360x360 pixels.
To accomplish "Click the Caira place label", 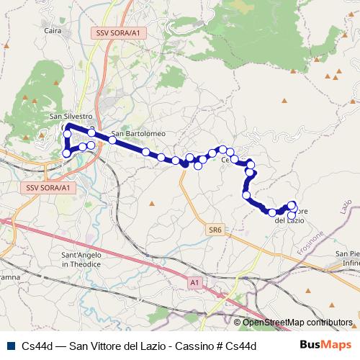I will coord(53,31).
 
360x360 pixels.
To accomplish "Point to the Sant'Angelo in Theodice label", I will coord(84,260).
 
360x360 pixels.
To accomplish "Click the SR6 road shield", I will coord(215,230).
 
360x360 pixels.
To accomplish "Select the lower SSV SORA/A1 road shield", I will coord(48,187).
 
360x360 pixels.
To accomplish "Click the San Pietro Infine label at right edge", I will coord(347,259).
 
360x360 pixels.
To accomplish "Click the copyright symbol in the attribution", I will coord(238,323).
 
